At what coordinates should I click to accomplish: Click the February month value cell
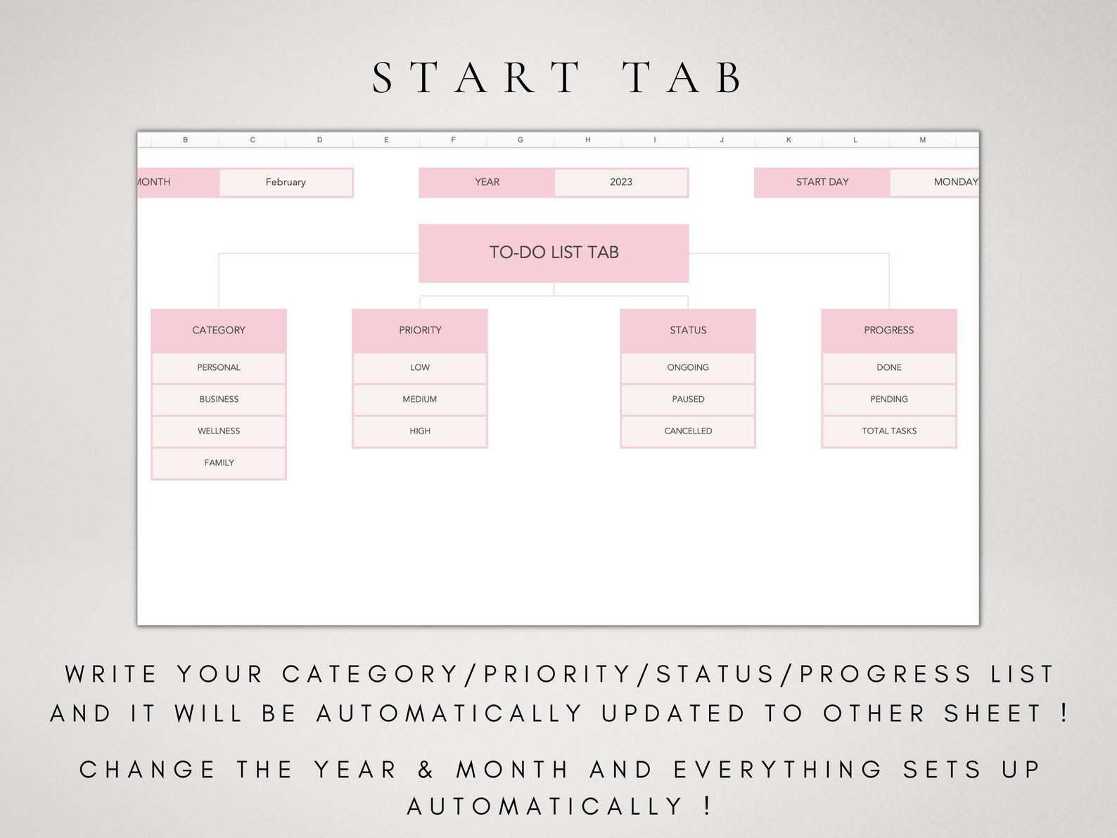click(x=286, y=182)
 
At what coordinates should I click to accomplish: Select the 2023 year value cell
click(x=620, y=182)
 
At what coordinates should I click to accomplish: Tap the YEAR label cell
click(x=487, y=182)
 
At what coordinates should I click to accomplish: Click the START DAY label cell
click(x=822, y=182)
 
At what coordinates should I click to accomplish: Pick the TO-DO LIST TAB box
click(x=554, y=253)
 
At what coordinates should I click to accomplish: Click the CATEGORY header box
click(x=219, y=330)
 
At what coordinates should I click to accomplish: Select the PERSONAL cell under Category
click(x=219, y=367)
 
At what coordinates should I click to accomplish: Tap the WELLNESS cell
click(x=219, y=431)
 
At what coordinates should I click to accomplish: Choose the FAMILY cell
click(x=219, y=462)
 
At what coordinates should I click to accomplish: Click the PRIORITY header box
click(x=420, y=330)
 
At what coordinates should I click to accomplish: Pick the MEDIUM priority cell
click(x=420, y=399)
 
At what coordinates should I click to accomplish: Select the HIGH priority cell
click(x=420, y=431)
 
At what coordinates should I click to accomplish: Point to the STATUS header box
click(x=688, y=330)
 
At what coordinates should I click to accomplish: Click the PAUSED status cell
click(x=688, y=399)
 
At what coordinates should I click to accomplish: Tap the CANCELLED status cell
click(x=688, y=431)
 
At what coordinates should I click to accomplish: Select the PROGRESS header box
click(x=889, y=330)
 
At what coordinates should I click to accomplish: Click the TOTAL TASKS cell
click(x=889, y=431)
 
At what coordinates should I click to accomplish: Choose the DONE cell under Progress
click(x=889, y=367)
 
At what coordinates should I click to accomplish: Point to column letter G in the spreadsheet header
click(x=521, y=140)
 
